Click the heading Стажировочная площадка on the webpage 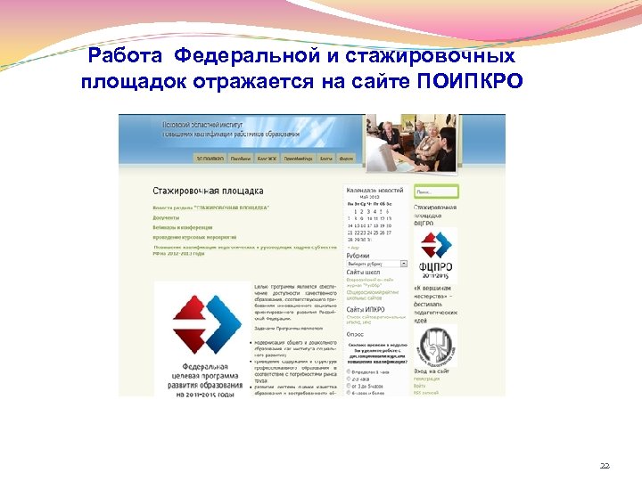point(208,191)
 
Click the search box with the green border point(436,192)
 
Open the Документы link point(166,217)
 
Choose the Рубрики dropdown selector point(376,264)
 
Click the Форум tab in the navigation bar point(347,159)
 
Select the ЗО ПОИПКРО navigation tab point(210,159)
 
